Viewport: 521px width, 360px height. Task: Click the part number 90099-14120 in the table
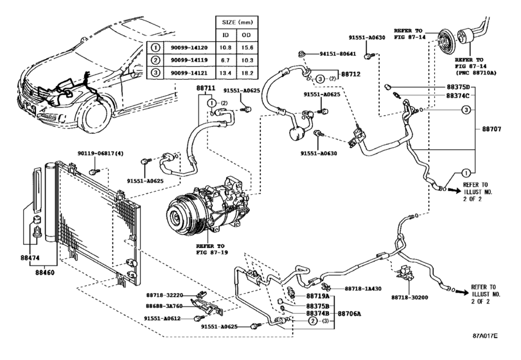[189, 48]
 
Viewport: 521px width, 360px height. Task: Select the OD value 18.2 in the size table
[247, 73]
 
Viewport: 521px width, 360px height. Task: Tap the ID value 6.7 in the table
[225, 60]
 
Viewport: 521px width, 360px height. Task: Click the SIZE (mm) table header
[237, 22]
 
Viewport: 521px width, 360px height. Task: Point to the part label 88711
[206, 89]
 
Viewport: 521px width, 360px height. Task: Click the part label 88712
[351, 74]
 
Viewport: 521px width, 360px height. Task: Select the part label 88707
[491, 129]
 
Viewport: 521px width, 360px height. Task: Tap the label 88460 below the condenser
[45, 273]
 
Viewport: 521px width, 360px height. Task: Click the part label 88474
[30, 258]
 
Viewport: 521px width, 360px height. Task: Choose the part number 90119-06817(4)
[100, 154]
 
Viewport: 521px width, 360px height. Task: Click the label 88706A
[349, 314]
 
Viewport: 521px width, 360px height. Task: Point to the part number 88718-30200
[409, 298]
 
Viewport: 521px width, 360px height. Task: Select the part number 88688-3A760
[164, 306]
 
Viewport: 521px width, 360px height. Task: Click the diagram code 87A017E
[486, 336]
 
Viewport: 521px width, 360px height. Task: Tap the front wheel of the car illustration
[95, 116]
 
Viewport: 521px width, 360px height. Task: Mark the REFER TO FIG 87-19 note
[210, 249]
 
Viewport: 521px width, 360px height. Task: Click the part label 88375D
[458, 87]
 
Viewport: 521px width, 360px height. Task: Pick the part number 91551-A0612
[162, 318]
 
